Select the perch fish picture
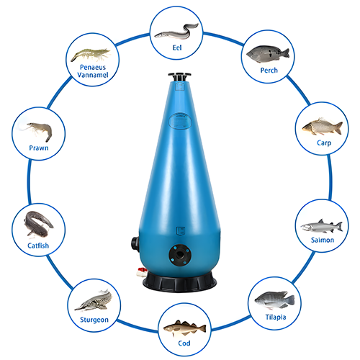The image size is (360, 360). coord(268,53)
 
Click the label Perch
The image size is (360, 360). coord(268,71)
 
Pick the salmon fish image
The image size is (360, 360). coord(317,224)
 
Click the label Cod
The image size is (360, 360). coord(179,343)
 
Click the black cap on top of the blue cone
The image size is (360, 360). coord(179,76)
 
